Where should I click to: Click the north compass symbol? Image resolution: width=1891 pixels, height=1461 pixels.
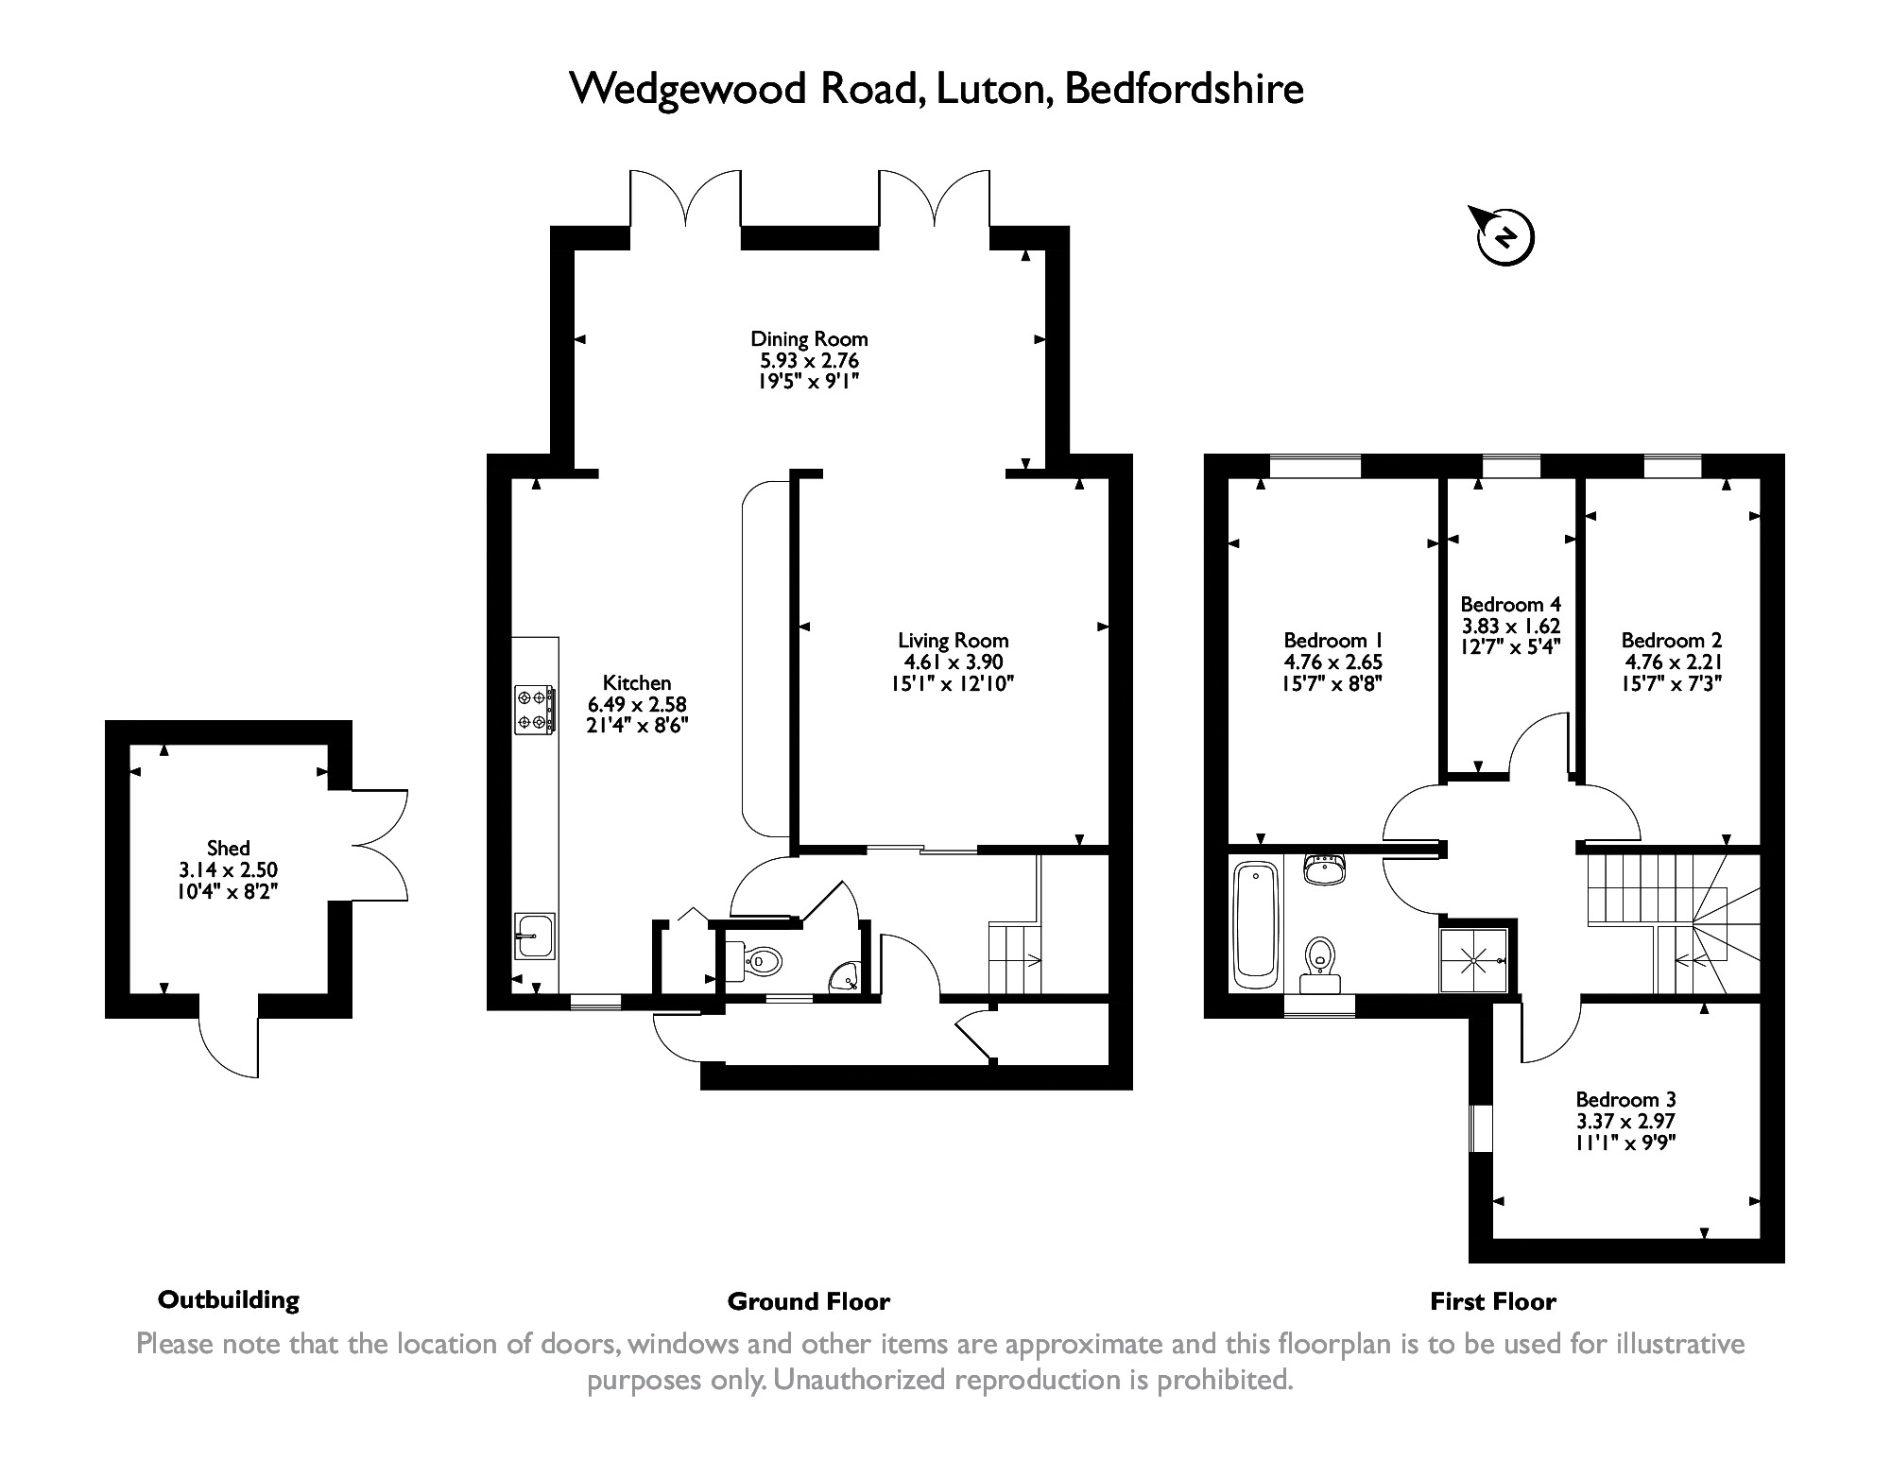pos(1504,237)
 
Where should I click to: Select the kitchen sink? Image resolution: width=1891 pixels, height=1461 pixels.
pos(534,936)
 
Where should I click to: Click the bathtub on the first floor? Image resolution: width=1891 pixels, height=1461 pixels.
pos(1256,923)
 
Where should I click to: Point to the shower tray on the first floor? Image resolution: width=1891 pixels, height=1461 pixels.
pos(1472,960)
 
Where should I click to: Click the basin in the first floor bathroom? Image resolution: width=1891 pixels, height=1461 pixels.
pos(1325,869)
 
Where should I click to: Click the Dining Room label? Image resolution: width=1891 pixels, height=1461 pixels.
pos(809,338)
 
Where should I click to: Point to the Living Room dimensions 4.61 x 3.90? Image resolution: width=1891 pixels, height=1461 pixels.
pos(953,662)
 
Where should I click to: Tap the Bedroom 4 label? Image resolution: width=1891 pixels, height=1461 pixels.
pos(1510,604)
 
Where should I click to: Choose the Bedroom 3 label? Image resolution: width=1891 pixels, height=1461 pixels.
pos(1625,1100)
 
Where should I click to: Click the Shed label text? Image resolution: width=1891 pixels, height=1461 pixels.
pos(229,848)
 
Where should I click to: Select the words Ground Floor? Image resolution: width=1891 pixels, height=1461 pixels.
pos(808,1301)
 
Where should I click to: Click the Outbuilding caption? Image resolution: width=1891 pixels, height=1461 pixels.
pos(229,1299)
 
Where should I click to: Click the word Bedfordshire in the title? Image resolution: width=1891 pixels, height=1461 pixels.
pos(1184,89)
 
